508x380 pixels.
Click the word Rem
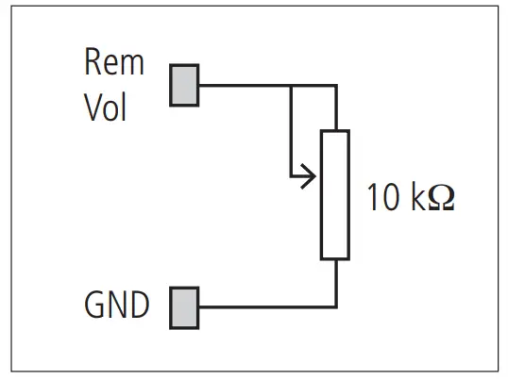click(x=114, y=63)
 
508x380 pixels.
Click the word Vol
click(x=105, y=107)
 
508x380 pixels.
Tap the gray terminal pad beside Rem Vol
click(x=184, y=84)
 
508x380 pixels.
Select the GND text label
click(x=117, y=306)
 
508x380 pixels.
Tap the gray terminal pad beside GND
click(x=184, y=307)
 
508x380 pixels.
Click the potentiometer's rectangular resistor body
click(x=335, y=195)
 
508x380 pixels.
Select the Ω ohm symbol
click(x=442, y=200)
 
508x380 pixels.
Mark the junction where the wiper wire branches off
click(x=292, y=85)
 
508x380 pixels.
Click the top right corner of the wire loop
click(x=336, y=85)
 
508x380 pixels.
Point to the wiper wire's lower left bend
click(x=292, y=175)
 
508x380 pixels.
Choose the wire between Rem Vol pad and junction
click(x=245, y=85)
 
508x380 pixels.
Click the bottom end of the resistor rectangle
click(x=335, y=256)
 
